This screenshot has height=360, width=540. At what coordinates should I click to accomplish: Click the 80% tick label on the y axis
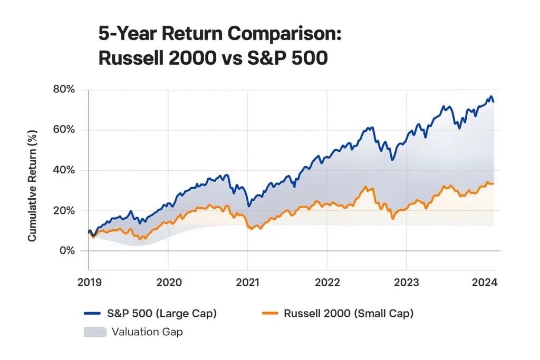pyautogui.click(x=64, y=90)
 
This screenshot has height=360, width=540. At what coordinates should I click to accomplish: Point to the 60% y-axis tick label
pyautogui.click(x=64, y=130)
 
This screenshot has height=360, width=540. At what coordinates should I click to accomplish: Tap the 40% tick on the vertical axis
pyautogui.click(x=64, y=170)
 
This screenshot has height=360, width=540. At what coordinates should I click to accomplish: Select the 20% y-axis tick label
pyautogui.click(x=64, y=210)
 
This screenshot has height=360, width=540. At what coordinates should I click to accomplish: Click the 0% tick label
pyautogui.click(x=67, y=251)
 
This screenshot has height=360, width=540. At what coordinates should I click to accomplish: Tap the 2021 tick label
pyautogui.click(x=247, y=282)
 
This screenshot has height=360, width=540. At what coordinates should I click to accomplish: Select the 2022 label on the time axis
pyautogui.click(x=327, y=282)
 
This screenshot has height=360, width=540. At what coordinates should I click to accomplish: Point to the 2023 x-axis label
pyautogui.click(x=407, y=282)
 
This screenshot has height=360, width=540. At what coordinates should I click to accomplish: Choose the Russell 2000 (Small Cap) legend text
pyautogui.click(x=349, y=314)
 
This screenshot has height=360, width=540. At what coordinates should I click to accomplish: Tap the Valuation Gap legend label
pyautogui.click(x=147, y=332)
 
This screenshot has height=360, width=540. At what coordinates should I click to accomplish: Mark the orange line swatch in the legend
pyautogui.click(x=270, y=314)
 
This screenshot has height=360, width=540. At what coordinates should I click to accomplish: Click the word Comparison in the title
pyautogui.click(x=285, y=34)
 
